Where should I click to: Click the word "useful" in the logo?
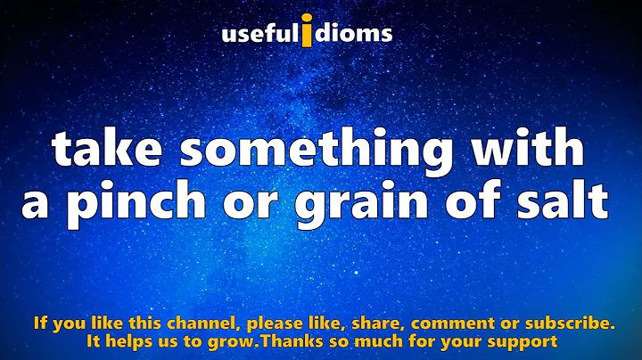point(259,35)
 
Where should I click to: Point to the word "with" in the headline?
point(531,150)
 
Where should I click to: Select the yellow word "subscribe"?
point(566,323)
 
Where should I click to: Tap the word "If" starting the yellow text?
point(40,323)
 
